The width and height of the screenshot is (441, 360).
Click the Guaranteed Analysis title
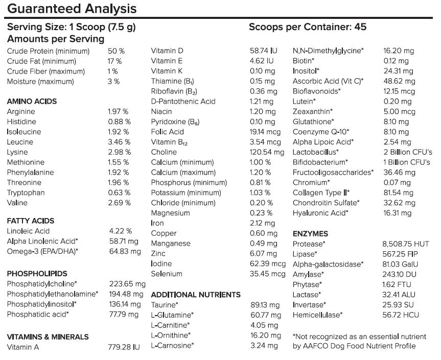coord(72,9)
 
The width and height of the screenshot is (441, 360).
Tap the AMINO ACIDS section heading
coord(32,101)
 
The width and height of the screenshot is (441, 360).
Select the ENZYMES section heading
coord(310,234)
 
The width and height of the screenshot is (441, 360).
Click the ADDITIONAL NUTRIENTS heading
coord(196,295)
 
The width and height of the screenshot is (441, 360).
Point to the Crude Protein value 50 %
coord(116,51)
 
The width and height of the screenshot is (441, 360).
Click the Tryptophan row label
coord(26,193)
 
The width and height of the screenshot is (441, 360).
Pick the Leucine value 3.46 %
coord(119,142)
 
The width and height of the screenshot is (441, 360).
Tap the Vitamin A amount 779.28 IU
coord(124,347)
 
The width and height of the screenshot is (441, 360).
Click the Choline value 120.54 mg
coord(267,152)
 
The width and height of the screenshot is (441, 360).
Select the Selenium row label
coord(167,274)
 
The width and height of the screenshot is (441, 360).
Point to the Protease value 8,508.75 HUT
coord(406,244)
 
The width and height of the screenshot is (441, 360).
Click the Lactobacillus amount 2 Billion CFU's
coord(408,152)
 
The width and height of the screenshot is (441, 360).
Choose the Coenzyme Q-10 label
coord(321,132)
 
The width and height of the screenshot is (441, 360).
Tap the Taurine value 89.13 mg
coord(265,305)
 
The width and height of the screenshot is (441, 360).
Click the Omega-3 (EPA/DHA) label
coord(42,251)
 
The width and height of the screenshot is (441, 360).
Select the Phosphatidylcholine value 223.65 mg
coord(127,284)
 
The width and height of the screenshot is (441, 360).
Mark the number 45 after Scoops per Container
coord(360,27)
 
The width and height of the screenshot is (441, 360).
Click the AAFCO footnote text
coord(359,341)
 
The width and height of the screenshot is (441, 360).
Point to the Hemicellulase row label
coord(317,315)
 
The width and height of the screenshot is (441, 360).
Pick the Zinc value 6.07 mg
coord(263,253)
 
